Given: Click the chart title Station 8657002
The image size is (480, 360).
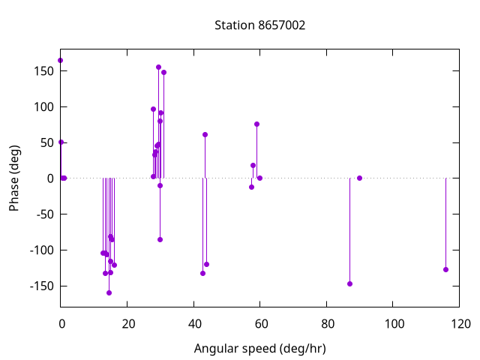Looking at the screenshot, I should tap(259, 25).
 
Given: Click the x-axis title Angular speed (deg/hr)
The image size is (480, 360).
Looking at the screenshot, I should tap(259, 349).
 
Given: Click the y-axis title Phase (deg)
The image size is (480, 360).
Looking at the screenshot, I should tap(14, 178).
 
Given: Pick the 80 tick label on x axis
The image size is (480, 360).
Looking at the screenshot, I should tap(327, 324).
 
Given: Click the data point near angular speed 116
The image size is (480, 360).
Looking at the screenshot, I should tap(445, 269).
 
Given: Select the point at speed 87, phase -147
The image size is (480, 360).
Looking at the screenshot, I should tap(349, 283).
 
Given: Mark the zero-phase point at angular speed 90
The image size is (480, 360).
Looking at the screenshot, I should tap(360, 178).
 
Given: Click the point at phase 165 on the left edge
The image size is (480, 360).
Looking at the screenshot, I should tap(60, 60).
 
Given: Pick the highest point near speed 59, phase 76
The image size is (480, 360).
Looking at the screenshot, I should tap(256, 124).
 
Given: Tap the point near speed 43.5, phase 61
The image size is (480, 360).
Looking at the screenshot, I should tap(205, 134).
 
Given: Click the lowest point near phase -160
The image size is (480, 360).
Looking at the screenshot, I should tap(109, 292).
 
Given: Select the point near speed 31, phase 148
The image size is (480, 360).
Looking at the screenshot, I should tap(163, 72).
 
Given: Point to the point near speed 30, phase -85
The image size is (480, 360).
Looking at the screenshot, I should tap(160, 239).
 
